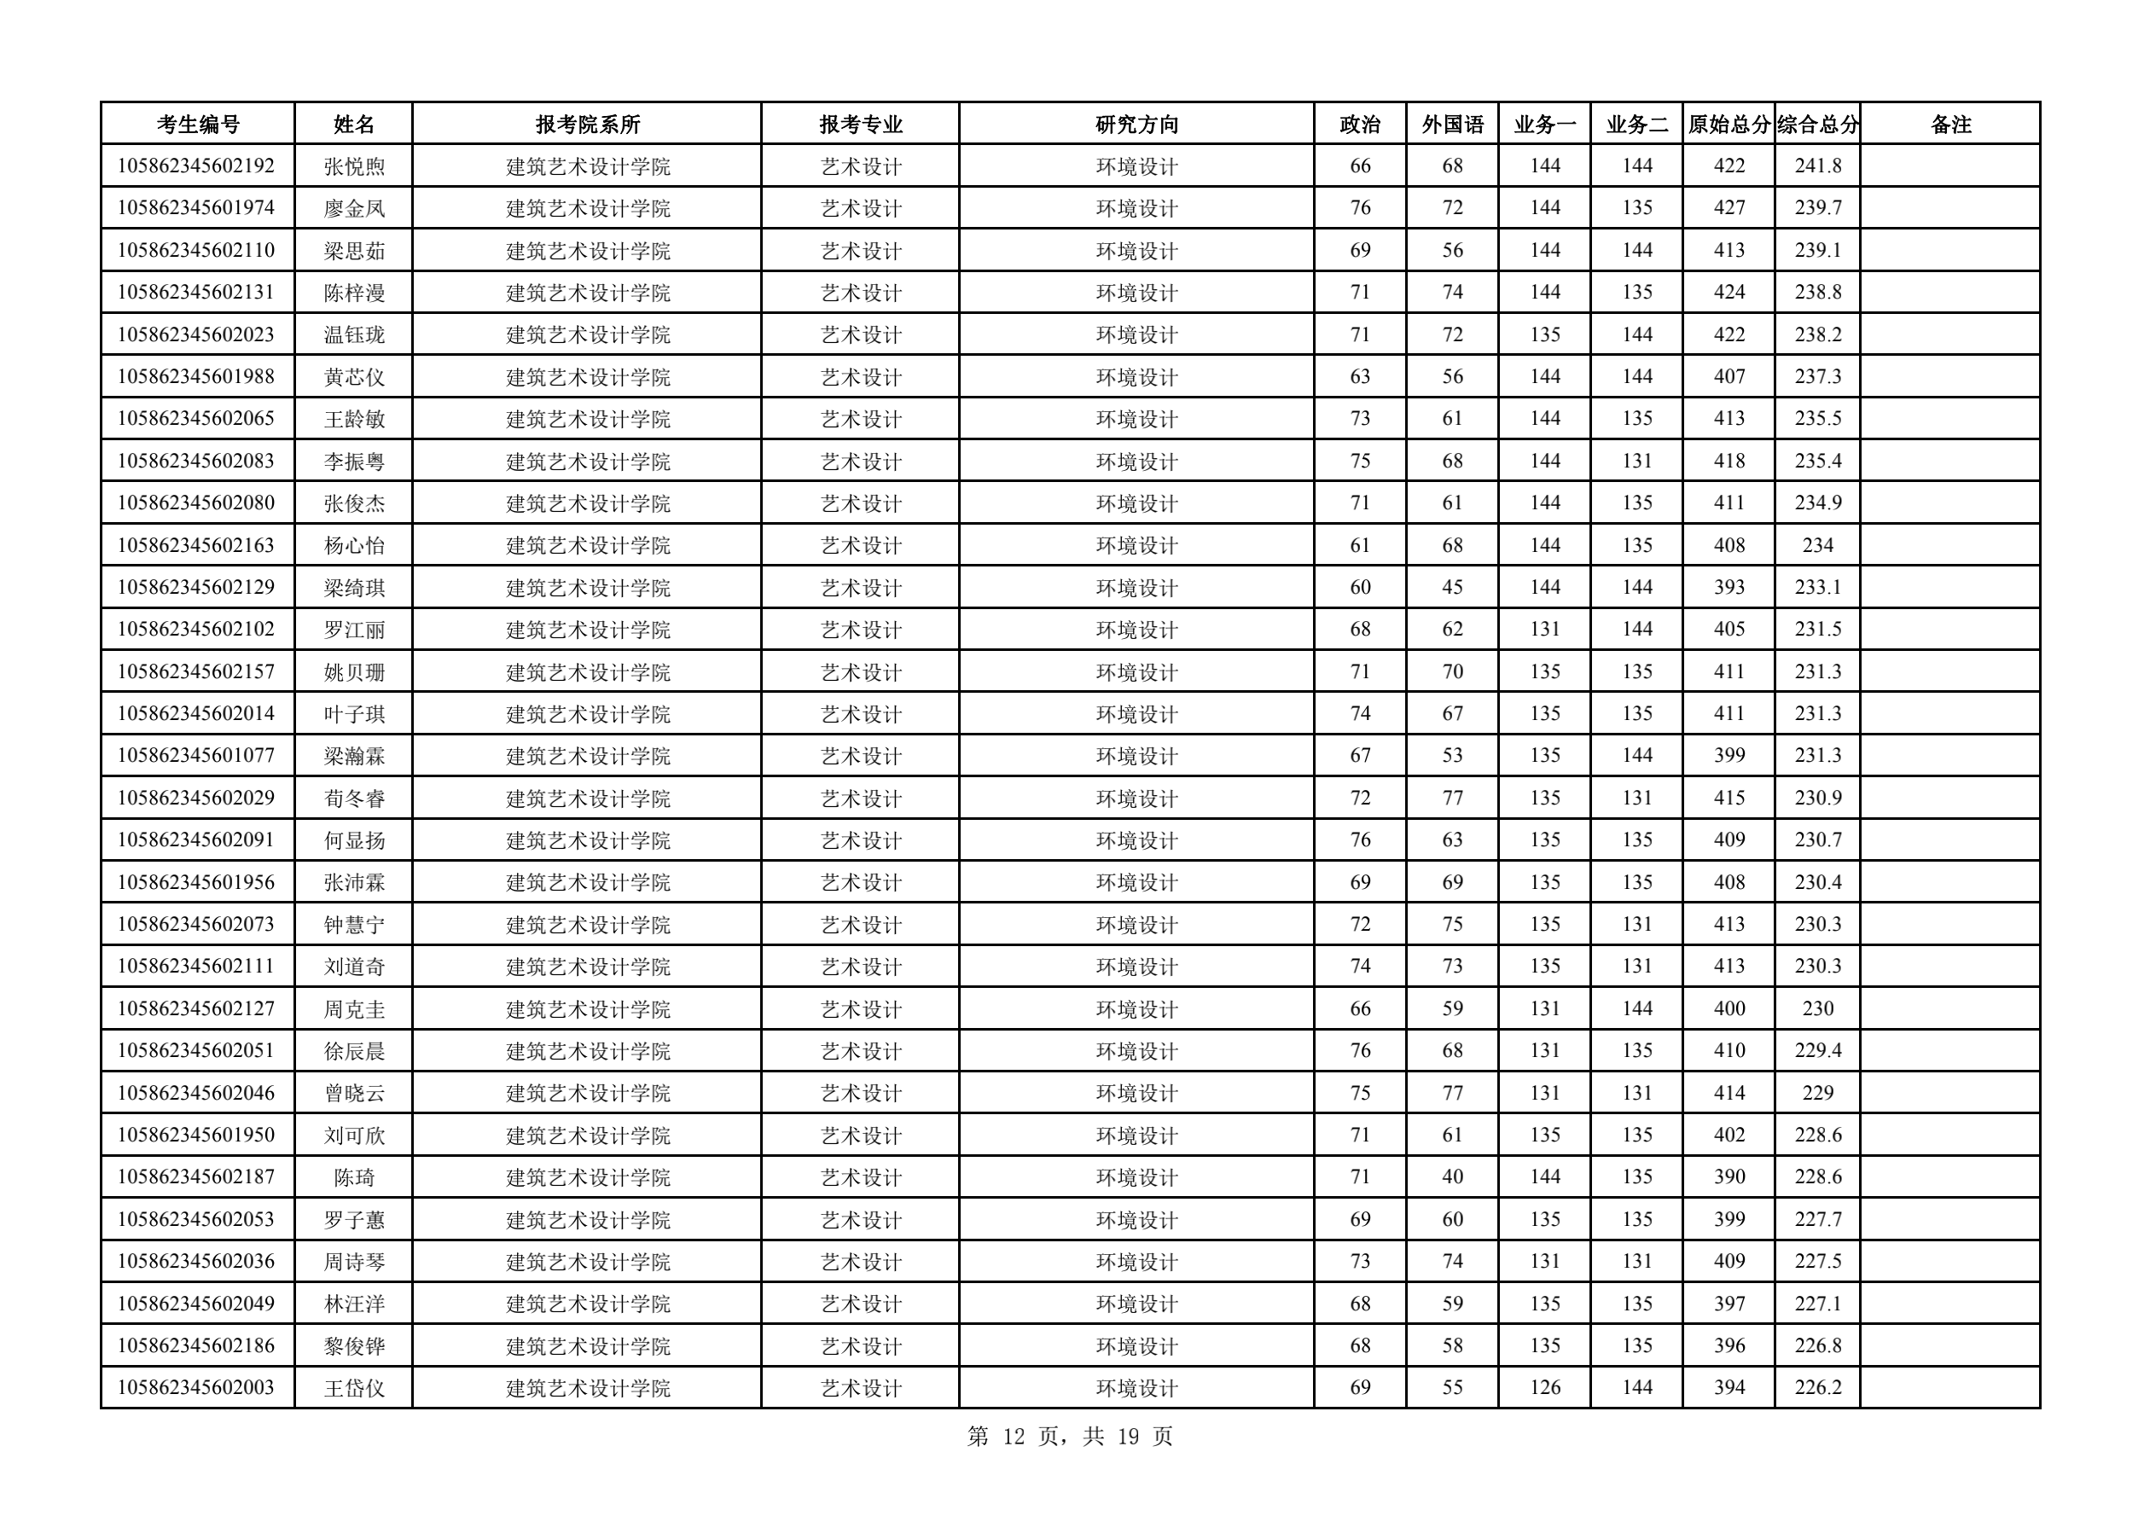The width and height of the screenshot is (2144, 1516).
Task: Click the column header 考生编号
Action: coord(197,125)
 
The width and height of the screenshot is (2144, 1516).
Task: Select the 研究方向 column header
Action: coord(1136,125)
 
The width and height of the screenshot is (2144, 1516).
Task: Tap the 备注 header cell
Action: coord(1949,125)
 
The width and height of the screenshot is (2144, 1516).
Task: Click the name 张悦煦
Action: coord(354,167)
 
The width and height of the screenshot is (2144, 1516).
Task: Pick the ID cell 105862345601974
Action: coord(196,208)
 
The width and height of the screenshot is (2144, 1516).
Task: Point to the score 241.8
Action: coord(1817,166)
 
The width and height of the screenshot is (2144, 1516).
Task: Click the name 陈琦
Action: coord(354,1178)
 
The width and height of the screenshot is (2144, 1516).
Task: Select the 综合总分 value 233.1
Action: coord(1817,587)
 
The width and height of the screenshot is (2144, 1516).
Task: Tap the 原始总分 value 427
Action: coord(1729,208)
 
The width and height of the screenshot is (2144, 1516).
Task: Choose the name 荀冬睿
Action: coord(354,799)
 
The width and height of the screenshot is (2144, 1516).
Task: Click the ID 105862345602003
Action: coord(196,1388)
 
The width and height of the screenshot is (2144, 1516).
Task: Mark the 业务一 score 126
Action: coord(1544,1388)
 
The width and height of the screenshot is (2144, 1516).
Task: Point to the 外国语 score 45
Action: coord(1452,587)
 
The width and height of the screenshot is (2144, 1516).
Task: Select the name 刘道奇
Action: coord(354,967)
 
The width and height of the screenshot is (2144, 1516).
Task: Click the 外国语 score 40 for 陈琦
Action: coord(1452,1177)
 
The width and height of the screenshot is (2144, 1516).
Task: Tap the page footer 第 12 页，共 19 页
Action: coord(1070,1437)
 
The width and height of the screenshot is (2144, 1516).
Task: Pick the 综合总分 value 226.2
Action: coord(1817,1388)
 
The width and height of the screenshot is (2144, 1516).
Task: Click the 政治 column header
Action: coord(1360,125)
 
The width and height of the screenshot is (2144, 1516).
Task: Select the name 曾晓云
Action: coord(354,1094)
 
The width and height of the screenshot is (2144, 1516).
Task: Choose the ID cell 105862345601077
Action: coord(196,756)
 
